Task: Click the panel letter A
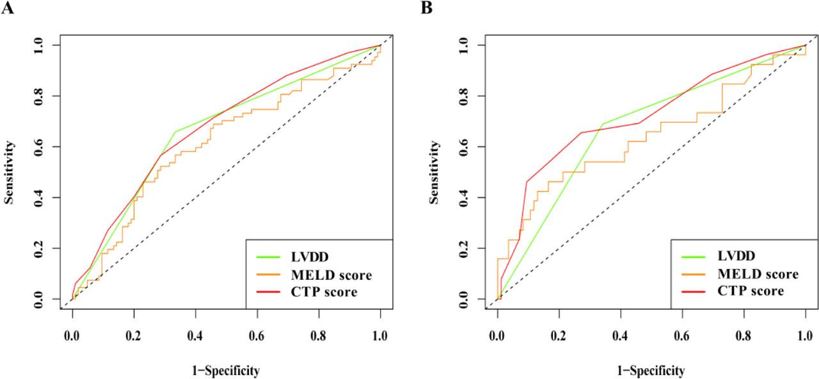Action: pos(8,9)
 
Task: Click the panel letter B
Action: pos(427,9)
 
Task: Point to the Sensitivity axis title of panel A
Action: pos(10,172)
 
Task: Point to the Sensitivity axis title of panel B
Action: pos(435,172)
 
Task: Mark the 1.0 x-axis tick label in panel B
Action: pos(805,335)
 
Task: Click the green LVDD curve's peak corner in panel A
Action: pos(175,132)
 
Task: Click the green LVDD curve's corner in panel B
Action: pos(602,124)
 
